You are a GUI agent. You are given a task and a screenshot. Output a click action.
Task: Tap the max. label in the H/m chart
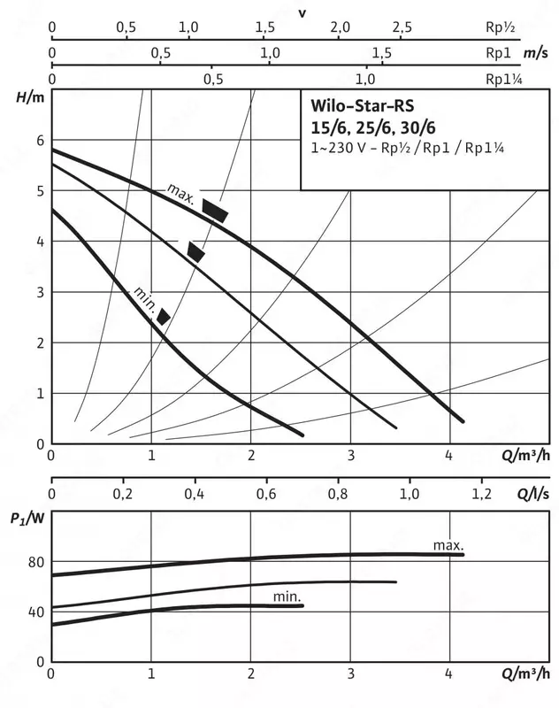coord(180,190)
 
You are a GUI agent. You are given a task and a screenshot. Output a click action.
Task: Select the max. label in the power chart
coord(448,544)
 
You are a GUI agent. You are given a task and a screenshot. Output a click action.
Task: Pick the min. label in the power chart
coord(287,597)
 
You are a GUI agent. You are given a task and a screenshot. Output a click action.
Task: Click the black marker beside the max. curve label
coord(215,211)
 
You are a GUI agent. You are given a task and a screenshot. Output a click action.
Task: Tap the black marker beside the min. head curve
coord(164,316)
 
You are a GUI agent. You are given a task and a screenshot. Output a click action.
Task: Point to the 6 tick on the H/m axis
coord(39,140)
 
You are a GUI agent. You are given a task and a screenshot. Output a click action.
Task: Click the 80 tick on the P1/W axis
coord(34,560)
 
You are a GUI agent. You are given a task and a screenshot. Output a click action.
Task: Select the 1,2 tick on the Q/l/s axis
coord(481,491)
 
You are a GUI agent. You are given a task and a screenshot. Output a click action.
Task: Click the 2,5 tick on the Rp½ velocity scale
coord(402,27)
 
